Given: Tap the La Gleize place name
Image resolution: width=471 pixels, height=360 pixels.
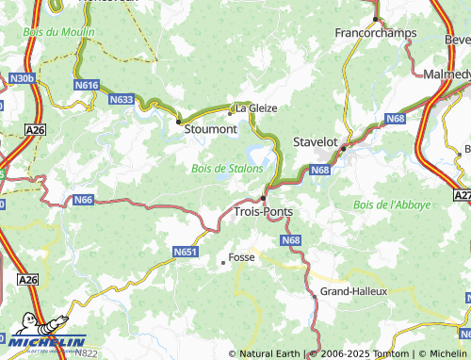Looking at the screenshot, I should pos(256,108).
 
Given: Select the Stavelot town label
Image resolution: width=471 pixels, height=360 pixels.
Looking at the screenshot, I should pos(315,140).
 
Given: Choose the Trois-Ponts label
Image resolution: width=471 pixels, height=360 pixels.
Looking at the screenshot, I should pos(262,212).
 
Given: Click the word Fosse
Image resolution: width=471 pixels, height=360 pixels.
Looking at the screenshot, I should pos(241,256).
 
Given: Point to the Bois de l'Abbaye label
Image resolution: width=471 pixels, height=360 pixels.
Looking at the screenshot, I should pos(391,205).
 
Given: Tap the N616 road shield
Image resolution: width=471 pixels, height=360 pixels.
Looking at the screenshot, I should pos(87,85).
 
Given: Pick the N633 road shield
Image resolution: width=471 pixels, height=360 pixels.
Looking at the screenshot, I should pos(121,98).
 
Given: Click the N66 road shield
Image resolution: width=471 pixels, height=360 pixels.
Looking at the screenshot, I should pos(84,200).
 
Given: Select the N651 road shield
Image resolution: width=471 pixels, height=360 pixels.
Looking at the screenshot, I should pos(185,252).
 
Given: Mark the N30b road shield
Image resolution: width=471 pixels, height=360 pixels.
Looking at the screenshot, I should pos(23,78).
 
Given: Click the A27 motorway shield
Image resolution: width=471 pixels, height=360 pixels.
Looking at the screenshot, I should pos(462,195).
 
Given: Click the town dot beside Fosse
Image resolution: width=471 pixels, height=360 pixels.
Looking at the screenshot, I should pos(222,263).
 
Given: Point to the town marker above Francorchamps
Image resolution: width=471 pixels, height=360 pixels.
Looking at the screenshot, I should pos(375,18).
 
